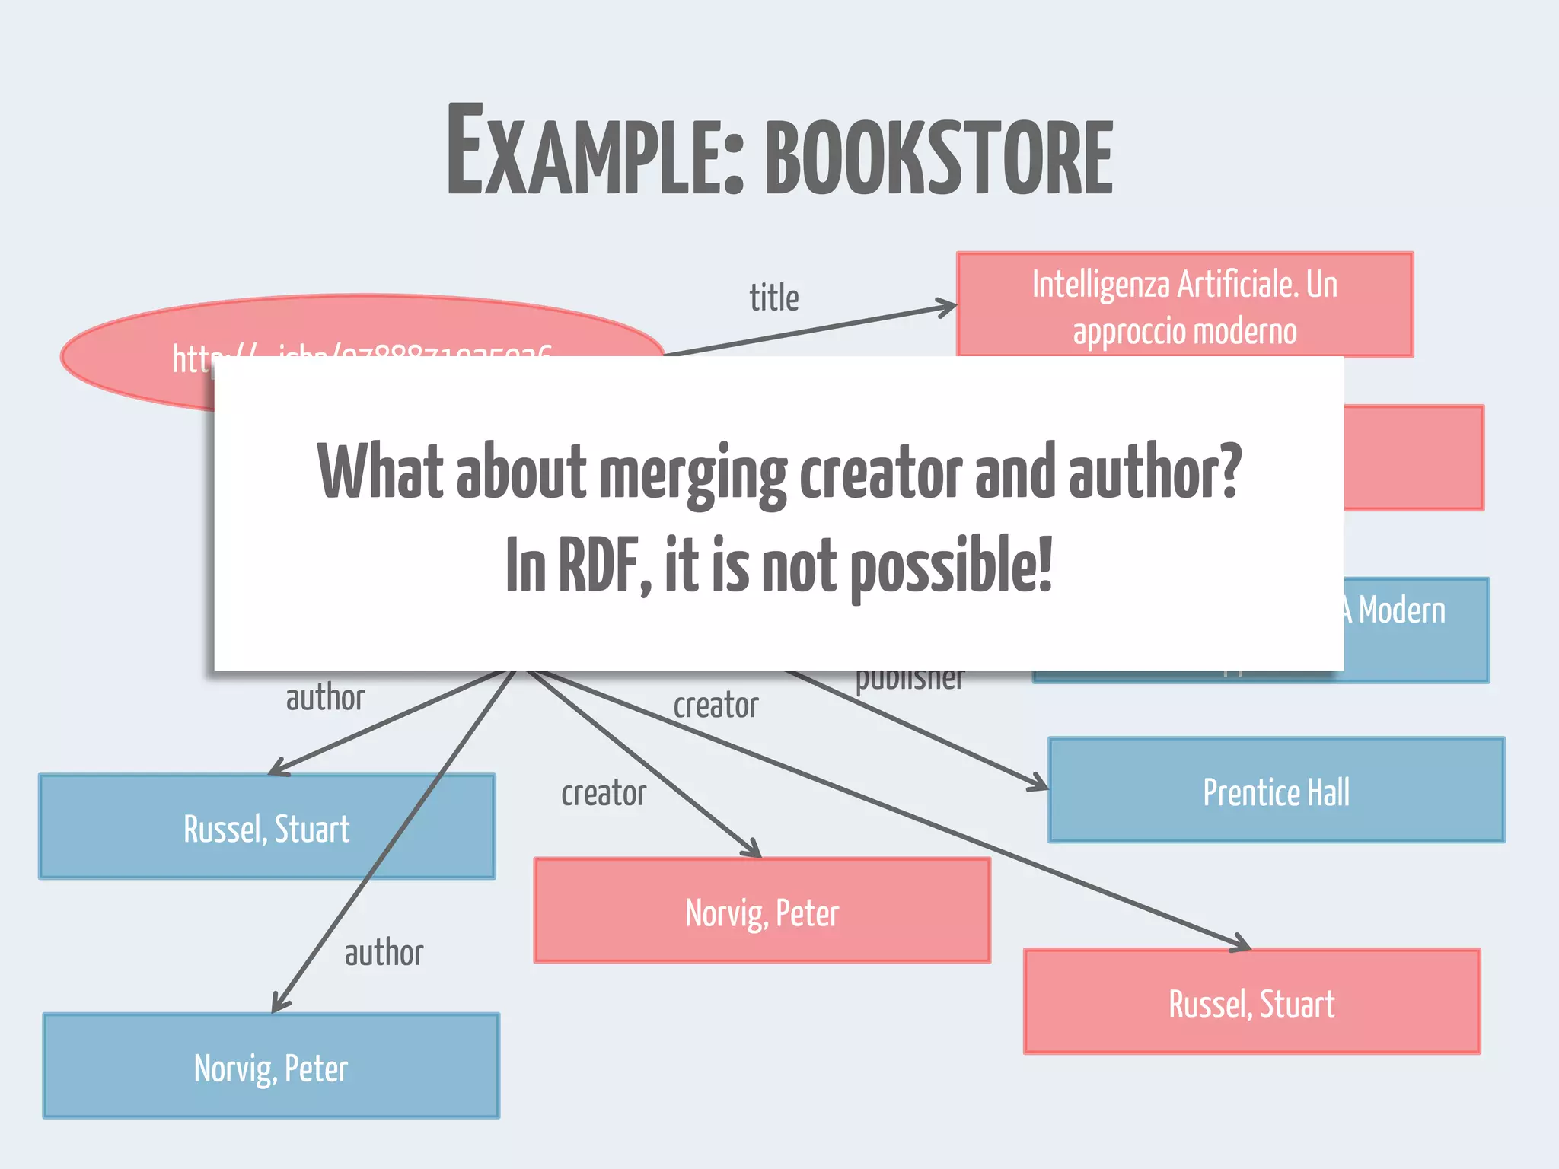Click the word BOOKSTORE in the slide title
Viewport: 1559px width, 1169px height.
939,158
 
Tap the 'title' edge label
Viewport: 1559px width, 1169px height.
774,298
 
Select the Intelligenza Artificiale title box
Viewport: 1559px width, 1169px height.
1184,305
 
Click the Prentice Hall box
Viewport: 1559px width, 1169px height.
1276,792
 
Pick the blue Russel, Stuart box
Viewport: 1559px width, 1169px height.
266,827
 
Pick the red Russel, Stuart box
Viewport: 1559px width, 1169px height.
1251,1002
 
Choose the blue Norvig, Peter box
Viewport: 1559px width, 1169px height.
271,1067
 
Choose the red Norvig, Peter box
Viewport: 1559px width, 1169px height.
761,912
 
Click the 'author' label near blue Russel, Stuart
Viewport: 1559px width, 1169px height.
325,697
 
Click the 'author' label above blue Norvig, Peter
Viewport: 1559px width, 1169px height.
384,953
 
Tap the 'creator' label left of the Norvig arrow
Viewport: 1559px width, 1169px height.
604,794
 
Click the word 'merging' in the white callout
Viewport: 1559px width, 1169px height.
693,474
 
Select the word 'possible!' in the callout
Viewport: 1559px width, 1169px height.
951,565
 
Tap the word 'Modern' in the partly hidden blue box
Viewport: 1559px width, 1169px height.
1401,610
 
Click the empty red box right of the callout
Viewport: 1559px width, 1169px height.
1414,457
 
